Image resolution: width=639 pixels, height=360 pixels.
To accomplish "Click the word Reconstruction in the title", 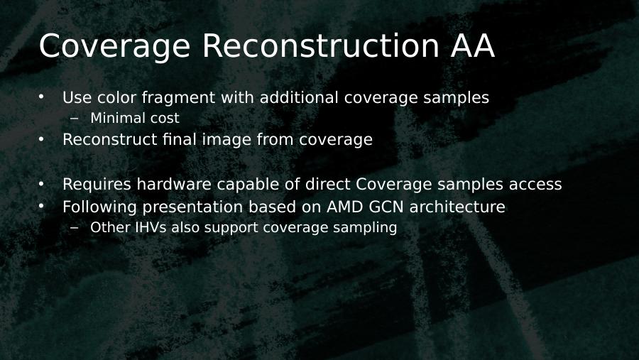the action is tap(320, 45).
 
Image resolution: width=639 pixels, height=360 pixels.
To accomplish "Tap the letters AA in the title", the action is tap(473, 45).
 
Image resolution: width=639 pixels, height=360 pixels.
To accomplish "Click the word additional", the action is tap(299, 97).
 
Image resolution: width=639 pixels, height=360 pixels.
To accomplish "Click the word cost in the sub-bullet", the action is tap(165, 119).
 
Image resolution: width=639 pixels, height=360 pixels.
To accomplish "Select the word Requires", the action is tap(97, 185).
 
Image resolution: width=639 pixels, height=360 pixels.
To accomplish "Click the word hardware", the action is tap(174, 185).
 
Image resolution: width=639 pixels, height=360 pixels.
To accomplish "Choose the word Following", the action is tap(99, 207).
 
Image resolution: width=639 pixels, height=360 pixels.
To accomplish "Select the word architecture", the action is tap(457, 207).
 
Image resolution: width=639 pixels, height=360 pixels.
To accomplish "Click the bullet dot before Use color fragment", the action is tap(41, 97).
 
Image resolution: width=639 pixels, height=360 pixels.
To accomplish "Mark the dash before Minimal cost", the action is tap(74, 119).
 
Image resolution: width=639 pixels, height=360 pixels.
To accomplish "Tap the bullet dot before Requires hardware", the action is tap(41, 184).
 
